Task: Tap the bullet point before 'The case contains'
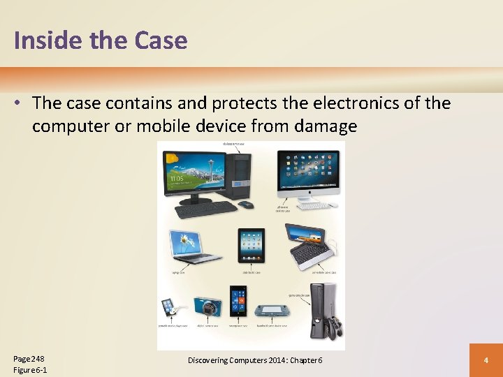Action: point(20,103)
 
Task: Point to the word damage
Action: point(323,126)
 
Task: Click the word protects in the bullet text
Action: point(239,103)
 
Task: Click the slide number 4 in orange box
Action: point(486,360)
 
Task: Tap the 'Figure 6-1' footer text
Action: point(30,369)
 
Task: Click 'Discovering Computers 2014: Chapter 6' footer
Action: point(255,360)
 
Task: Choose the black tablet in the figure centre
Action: point(251,245)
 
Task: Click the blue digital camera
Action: point(207,306)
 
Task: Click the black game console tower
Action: point(323,310)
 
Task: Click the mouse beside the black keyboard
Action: point(245,205)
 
